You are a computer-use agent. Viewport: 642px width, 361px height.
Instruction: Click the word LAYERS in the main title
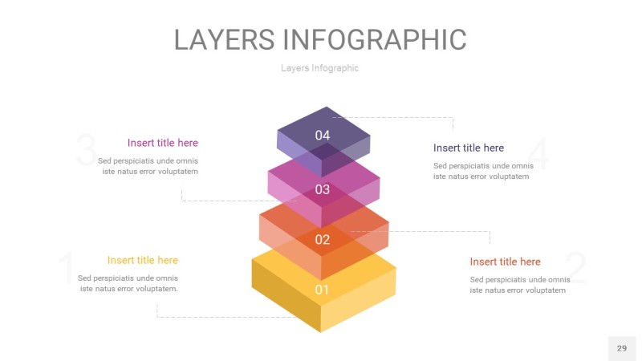(x=225, y=39)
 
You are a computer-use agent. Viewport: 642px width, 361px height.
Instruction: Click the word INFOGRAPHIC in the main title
(x=375, y=39)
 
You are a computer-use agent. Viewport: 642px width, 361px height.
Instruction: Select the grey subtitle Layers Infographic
(x=319, y=68)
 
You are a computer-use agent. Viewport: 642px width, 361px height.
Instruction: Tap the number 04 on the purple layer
(x=323, y=135)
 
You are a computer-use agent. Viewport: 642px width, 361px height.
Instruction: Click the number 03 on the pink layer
(x=323, y=189)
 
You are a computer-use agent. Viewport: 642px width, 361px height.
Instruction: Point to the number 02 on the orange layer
(x=323, y=239)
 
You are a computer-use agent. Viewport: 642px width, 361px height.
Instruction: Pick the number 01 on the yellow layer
(x=322, y=290)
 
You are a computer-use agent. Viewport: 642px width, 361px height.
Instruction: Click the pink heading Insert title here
(x=163, y=143)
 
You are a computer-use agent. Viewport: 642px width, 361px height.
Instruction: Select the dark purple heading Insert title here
(x=469, y=148)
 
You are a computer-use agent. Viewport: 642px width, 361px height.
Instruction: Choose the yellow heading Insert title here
(x=143, y=260)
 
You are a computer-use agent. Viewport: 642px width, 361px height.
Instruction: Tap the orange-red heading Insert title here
(x=506, y=262)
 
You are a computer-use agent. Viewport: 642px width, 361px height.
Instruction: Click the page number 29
(x=622, y=348)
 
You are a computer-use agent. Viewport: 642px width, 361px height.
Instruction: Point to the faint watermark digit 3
(x=87, y=150)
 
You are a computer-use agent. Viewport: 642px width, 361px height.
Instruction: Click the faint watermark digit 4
(x=538, y=154)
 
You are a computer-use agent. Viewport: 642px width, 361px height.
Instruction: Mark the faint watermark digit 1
(x=67, y=267)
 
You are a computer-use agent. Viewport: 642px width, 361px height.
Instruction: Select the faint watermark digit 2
(x=575, y=268)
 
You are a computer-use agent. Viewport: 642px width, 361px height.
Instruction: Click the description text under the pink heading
(x=148, y=166)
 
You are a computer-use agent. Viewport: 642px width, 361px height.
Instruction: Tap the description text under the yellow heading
(x=128, y=283)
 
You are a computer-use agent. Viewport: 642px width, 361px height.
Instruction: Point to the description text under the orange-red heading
(x=520, y=285)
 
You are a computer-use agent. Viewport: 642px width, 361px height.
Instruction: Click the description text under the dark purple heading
(x=484, y=171)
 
